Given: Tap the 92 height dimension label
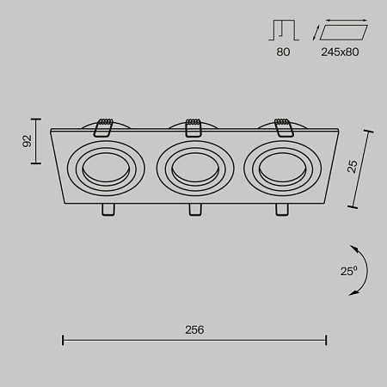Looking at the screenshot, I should pos(28,142).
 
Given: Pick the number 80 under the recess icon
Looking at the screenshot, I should pos(284,52).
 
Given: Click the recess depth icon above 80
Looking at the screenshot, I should pos(283,32).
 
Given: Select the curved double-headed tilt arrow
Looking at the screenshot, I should pos(363,270).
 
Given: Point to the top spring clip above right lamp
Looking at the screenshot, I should pos(283,126).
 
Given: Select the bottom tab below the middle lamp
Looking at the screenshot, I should pos(193,210).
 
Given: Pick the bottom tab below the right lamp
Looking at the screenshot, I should pos(281,210).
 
